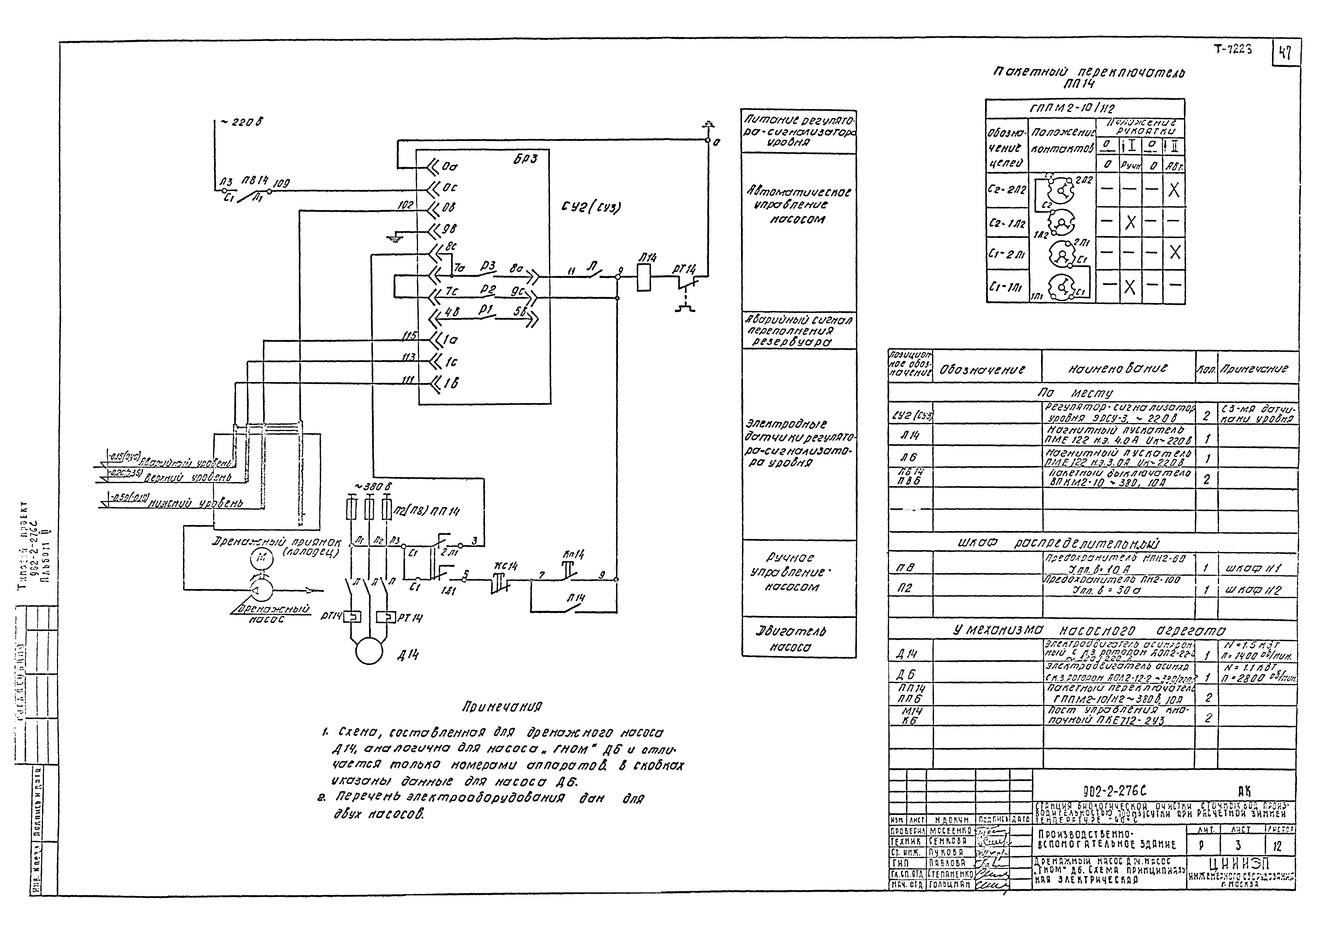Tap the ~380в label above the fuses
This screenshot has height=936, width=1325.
tap(373, 487)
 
